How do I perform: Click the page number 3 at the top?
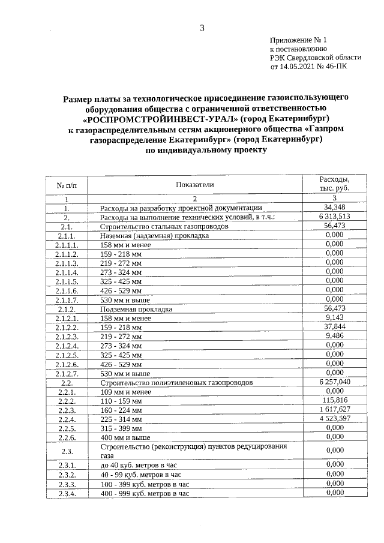click(202, 28)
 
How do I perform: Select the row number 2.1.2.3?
click(67, 337)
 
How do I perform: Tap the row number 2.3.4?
click(67, 493)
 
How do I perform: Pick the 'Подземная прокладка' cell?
click(136, 309)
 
